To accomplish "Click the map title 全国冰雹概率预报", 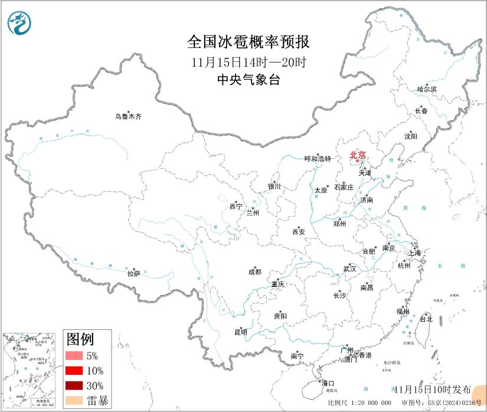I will (x=248, y=42).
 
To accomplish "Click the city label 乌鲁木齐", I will (x=128, y=117).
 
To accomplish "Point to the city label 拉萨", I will (x=134, y=273).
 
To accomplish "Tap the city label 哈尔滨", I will (x=427, y=89).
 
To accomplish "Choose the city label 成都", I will (x=255, y=272).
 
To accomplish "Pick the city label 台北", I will (x=426, y=319).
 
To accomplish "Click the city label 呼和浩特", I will (x=318, y=159).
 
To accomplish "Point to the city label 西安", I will (x=298, y=232).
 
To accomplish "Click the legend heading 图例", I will (x=80, y=339).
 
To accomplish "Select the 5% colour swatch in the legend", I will (x=75, y=356).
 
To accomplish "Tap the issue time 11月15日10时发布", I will (x=433, y=390).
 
